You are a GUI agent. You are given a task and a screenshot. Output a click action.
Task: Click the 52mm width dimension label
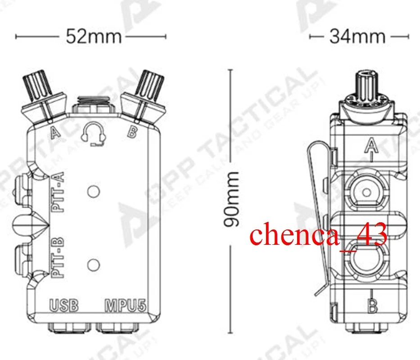click(x=94, y=36)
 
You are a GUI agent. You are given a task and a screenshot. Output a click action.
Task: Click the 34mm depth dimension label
click(x=357, y=36)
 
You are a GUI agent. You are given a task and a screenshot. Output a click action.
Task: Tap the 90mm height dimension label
click(x=232, y=199)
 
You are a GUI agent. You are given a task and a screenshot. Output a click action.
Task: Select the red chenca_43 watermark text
click(x=318, y=235)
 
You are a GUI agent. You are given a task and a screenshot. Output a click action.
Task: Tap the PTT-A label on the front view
click(x=58, y=192)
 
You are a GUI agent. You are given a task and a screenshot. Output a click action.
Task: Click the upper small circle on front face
click(x=93, y=191)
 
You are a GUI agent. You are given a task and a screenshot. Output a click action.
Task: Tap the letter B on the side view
click(x=372, y=307)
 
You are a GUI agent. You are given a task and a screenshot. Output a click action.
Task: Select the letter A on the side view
click(x=370, y=145)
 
